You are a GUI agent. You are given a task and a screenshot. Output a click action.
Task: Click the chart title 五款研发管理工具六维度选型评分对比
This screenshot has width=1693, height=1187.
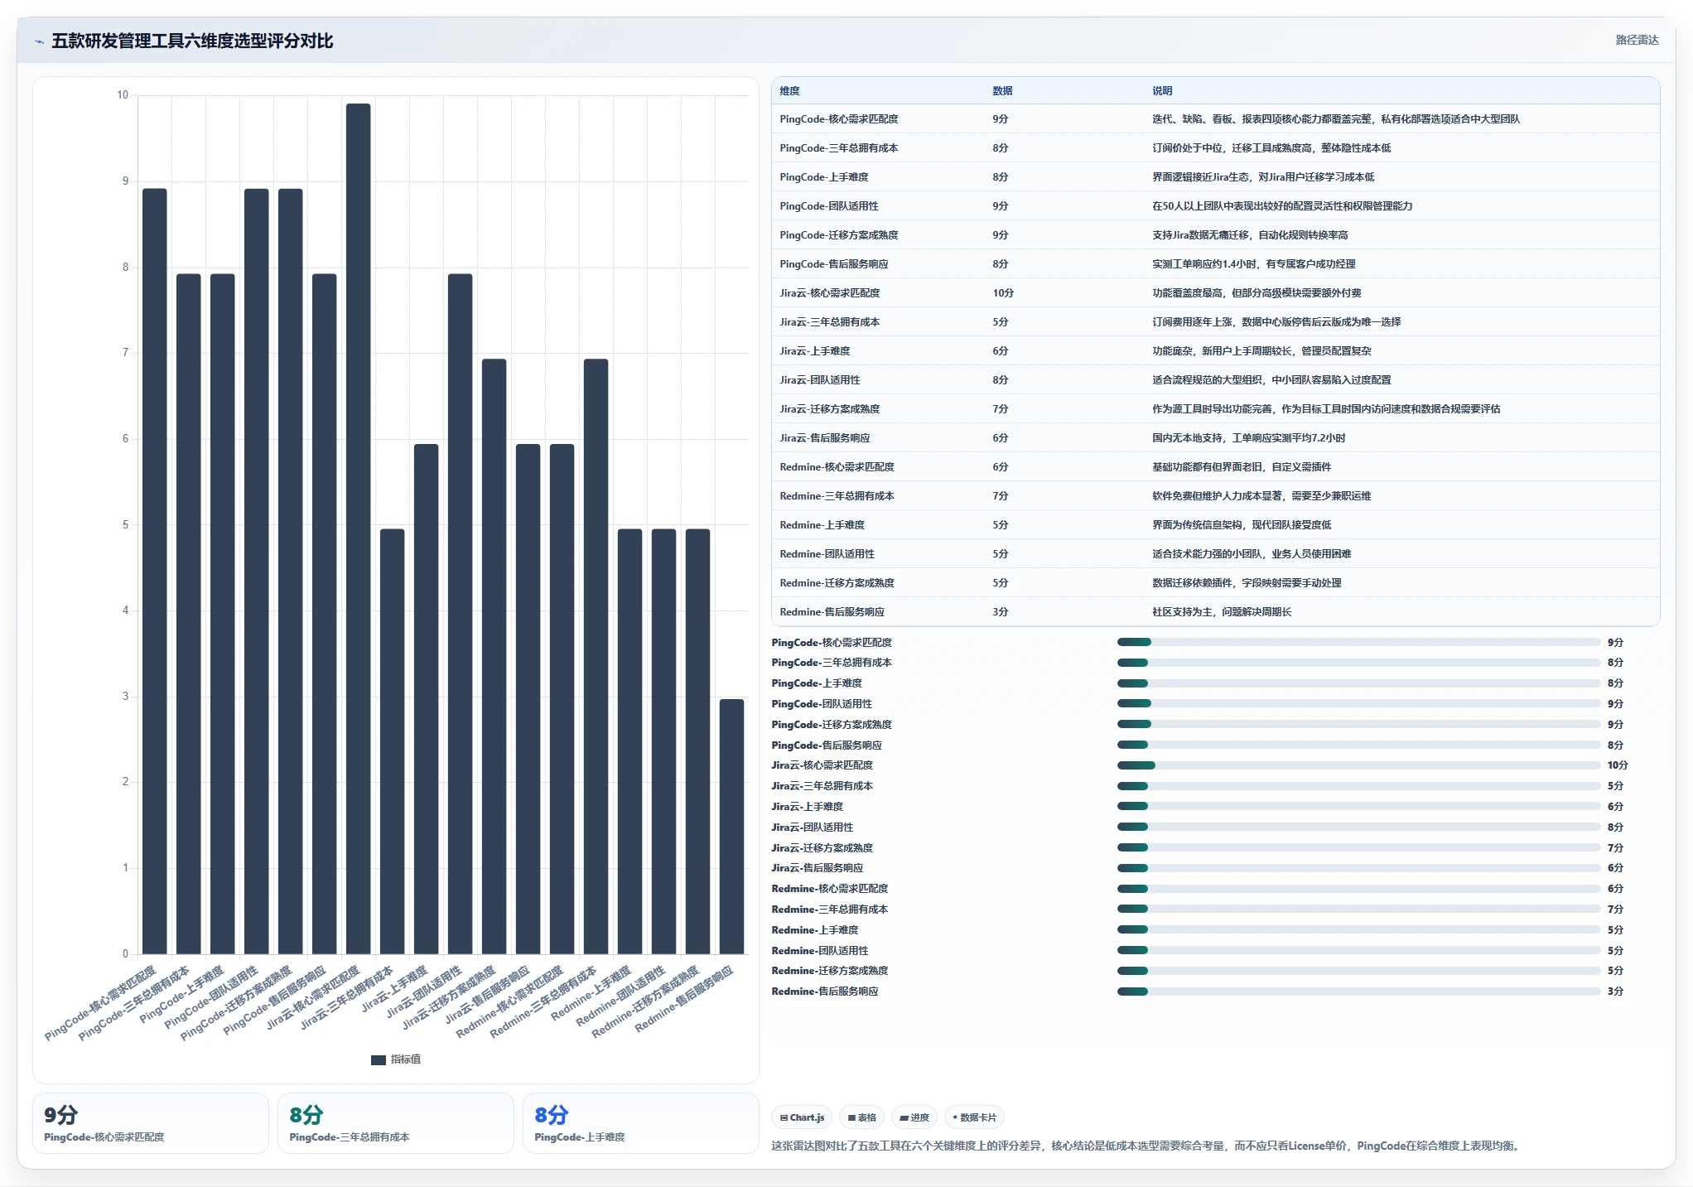[192, 41]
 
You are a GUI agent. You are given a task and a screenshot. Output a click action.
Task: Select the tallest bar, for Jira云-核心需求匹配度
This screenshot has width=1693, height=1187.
[358, 528]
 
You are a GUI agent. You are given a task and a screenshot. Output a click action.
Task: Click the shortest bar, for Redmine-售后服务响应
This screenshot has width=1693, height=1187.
[731, 827]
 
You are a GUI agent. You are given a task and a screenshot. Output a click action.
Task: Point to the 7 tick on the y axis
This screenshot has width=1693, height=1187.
[125, 353]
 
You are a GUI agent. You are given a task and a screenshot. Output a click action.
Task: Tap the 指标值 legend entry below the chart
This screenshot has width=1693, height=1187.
[396, 1059]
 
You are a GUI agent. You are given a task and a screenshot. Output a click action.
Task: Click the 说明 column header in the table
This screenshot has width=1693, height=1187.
[1162, 91]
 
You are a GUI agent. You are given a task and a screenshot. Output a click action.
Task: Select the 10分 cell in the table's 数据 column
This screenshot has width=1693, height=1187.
[1003, 293]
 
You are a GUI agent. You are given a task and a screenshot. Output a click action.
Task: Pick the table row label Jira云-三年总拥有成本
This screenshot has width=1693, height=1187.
[829, 322]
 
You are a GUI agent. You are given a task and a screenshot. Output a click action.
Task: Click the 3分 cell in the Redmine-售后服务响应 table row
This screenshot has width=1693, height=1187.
[1001, 612]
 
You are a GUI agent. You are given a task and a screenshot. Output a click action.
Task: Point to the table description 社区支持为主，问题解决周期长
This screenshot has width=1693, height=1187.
[1222, 612]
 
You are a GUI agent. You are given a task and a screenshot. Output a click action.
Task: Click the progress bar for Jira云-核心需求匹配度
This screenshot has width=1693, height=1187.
[1358, 765]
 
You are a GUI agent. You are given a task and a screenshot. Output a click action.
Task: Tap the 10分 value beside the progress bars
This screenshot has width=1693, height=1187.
[1618, 765]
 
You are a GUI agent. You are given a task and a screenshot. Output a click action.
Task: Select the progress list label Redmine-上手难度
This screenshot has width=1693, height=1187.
[815, 930]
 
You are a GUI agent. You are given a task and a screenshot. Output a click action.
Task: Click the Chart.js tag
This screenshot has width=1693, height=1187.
[803, 1117]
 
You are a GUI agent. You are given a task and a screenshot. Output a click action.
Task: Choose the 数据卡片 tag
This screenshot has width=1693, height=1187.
[974, 1117]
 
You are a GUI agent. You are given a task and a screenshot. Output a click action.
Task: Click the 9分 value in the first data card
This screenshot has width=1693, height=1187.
[60, 1115]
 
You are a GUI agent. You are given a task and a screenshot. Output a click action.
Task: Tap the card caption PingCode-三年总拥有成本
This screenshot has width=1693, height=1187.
[350, 1137]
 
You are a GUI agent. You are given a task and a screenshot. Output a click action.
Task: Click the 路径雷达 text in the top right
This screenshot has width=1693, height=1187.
[1637, 40]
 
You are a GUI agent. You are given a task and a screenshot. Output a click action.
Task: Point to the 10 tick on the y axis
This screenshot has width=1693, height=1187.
[123, 95]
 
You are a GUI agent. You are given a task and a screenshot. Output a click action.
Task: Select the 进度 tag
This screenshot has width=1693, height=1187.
[914, 1117]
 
